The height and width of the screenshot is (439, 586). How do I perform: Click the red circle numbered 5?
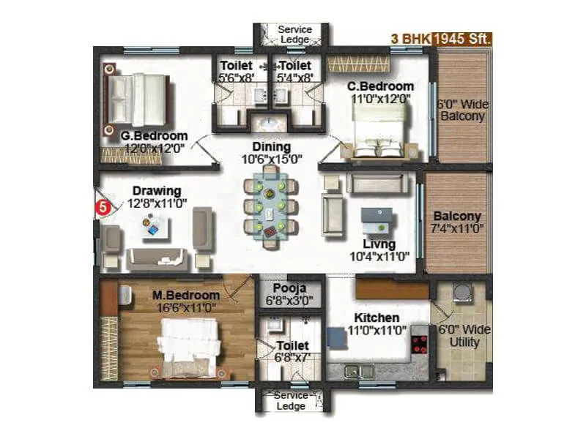coord(103,207)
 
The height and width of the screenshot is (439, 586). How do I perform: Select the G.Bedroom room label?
coord(154,135)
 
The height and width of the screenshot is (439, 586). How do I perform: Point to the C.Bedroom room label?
coord(380,86)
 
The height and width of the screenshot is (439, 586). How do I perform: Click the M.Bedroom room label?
coord(185,295)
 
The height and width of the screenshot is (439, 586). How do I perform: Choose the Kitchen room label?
coord(377,318)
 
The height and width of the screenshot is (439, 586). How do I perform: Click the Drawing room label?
coord(157,192)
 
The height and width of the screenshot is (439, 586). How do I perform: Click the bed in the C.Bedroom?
coord(377,126)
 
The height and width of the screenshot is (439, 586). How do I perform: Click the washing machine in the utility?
coord(461,293)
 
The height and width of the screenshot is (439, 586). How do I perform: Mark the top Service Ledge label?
coord(294,34)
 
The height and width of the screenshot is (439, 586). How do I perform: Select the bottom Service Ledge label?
coord(291,400)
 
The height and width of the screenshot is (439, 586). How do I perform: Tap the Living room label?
coord(379,244)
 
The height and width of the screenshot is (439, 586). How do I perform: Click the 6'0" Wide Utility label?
coord(464,336)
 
